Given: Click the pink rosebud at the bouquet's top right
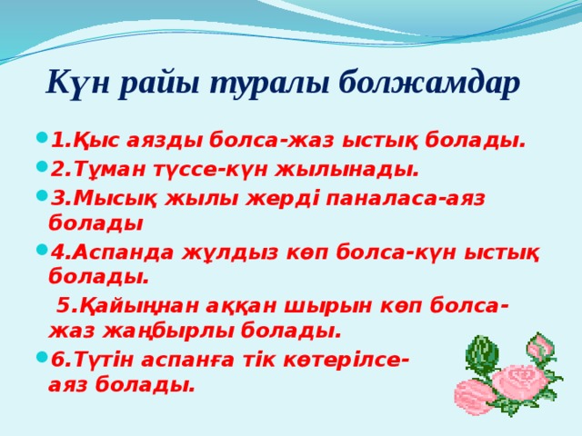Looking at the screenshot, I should point(540,346).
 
